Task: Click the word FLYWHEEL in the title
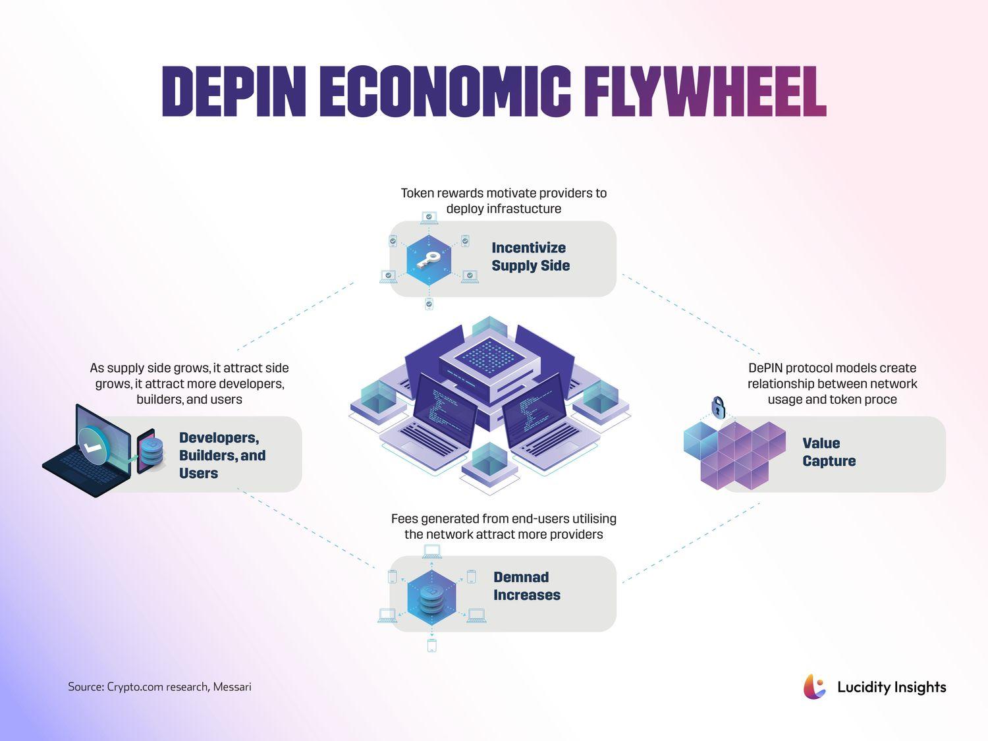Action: (x=705, y=92)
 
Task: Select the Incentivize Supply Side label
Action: (x=530, y=257)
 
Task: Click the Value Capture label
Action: (x=829, y=452)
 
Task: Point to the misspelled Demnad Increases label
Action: (x=526, y=586)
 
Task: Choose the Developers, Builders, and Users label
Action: (x=222, y=455)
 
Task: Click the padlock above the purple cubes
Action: (x=718, y=408)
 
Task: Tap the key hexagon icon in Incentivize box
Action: (x=429, y=260)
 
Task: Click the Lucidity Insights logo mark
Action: (x=815, y=687)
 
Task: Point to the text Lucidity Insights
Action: (x=891, y=687)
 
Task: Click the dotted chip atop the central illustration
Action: (x=489, y=356)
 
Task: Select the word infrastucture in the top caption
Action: (x=504, y=209)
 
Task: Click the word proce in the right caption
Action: (x=881, y=400)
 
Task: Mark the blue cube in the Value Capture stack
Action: (x=700, y=440)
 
